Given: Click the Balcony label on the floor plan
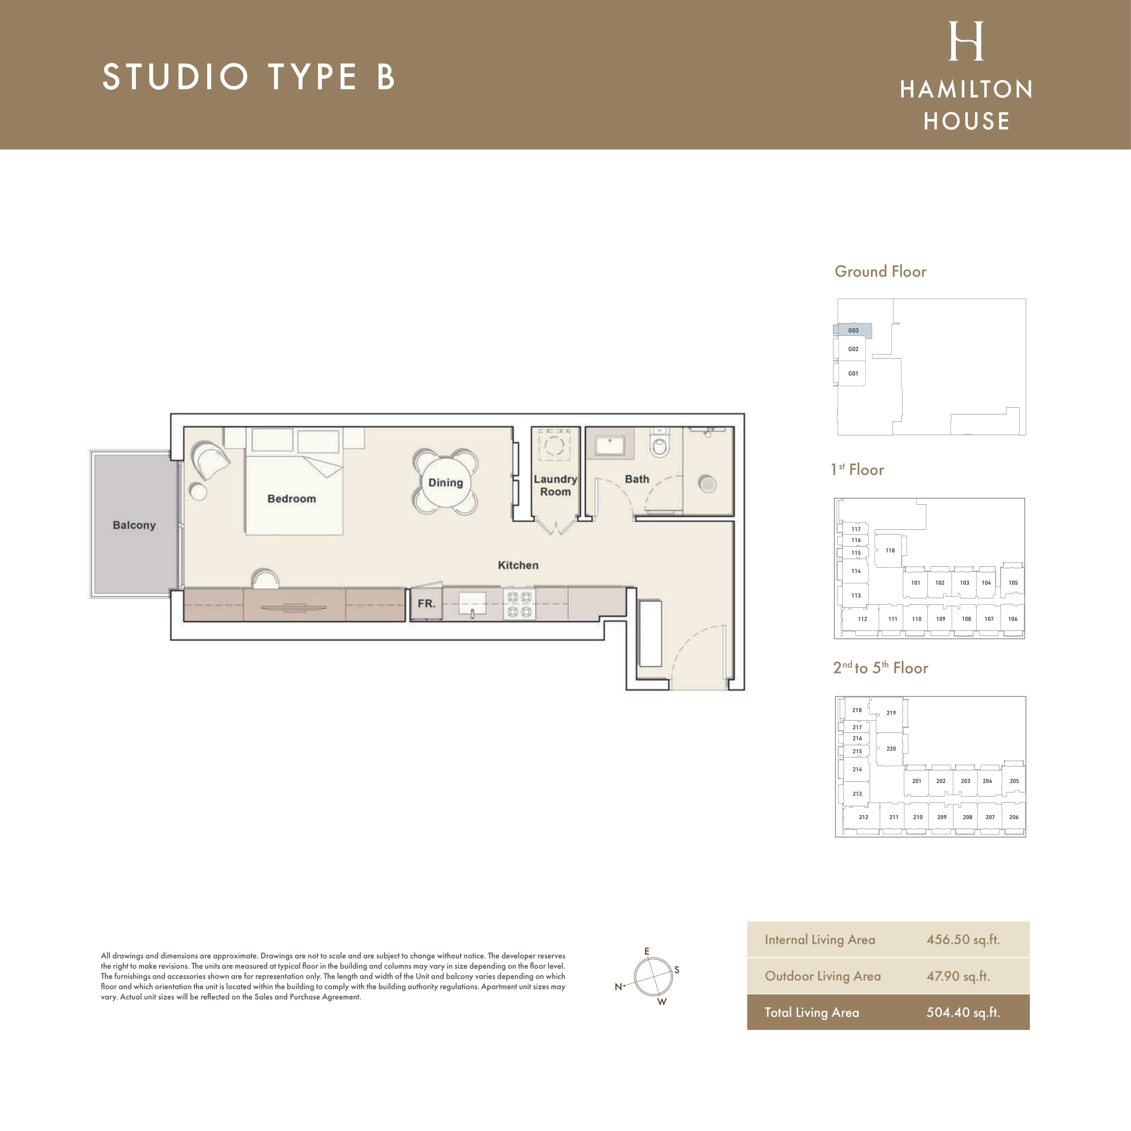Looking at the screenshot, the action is tap(134, 525).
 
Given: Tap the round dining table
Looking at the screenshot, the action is tap(446, 482).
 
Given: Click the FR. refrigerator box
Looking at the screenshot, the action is tap(426, 603).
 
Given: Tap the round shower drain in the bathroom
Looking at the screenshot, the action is tap(707, 484).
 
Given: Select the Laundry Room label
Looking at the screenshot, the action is tap(555, 485).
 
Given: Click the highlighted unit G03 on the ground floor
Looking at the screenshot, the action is tap(853, 331).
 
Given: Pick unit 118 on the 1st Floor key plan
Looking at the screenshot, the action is tap(889, 550).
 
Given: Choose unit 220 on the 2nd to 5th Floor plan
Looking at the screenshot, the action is tap(890, 749).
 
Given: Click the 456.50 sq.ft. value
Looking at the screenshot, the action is tap(963, 940).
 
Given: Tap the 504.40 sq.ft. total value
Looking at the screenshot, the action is tap(963, 1012).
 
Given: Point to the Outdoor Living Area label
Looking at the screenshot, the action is tap(823, 976).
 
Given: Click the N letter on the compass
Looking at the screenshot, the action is tap(618, 987).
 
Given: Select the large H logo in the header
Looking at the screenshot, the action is tap(966, 41).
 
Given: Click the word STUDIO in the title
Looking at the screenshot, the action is tap(175, 77).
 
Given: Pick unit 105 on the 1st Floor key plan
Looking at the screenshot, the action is tap(1013, 583).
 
